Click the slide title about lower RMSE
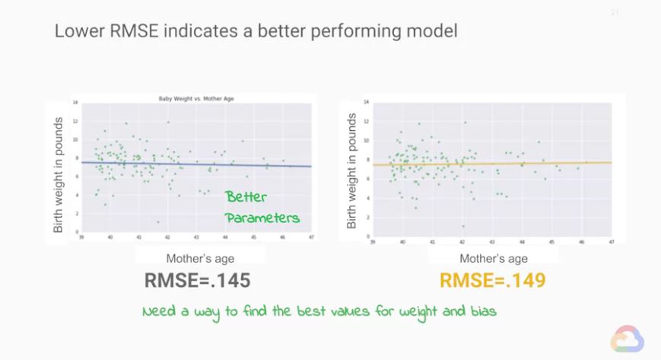[255, 33]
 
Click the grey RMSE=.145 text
[198, 281]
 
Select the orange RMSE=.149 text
[493, 281]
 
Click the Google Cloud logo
[629, 338]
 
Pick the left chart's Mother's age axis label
[199, 258]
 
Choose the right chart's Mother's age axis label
[494, 258]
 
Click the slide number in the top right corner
[615, 13]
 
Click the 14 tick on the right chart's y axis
[367, 101]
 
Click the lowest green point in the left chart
[158, 222]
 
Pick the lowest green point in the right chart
[462, 226]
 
